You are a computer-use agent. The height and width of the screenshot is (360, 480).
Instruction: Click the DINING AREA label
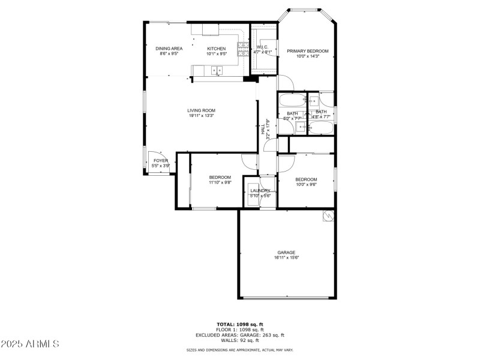169,49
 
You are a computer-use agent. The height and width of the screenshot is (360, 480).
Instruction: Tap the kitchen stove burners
243,52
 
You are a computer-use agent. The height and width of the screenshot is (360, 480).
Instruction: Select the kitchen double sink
216,71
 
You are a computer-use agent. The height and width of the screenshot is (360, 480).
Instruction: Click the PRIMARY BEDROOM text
307,51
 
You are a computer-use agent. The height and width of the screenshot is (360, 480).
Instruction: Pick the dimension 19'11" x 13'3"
201,116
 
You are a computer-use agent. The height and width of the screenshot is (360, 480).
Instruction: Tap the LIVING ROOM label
201,110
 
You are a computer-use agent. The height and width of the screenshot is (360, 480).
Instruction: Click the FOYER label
161,161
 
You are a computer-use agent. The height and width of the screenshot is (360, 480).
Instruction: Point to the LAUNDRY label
260,191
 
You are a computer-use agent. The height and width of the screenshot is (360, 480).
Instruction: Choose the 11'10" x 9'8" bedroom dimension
220,182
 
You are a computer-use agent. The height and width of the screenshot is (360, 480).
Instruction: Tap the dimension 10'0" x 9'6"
306,185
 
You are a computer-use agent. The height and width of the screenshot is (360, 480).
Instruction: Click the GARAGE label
286,253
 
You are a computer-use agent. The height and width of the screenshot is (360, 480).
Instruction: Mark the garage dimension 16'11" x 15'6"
286,258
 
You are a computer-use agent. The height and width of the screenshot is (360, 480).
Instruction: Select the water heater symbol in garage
328,216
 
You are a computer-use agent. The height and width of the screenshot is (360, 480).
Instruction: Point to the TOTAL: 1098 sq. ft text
239,324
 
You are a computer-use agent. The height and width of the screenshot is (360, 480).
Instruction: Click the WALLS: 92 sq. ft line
239,340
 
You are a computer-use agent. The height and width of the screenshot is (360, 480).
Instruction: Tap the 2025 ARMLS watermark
30,344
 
